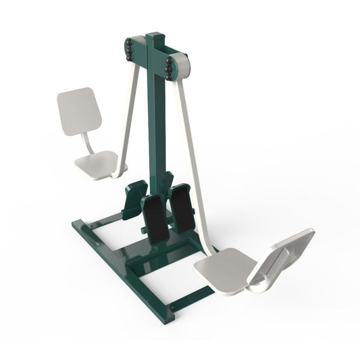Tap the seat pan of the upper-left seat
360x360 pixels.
point(97,165)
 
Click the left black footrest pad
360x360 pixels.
point(155,220)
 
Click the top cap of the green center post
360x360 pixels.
point(156,35)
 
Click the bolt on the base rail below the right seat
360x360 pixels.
point(174,313)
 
